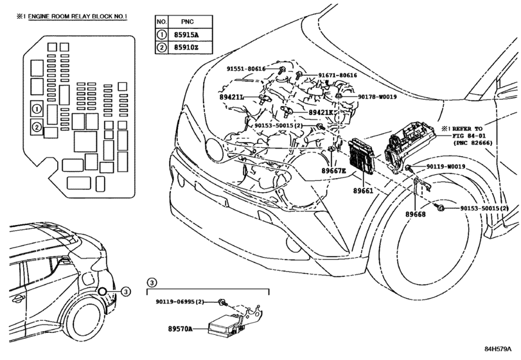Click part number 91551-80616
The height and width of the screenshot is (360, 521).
246,69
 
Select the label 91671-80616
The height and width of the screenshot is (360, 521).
337,75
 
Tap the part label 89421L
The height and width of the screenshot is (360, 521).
231,97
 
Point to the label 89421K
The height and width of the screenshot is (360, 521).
321,113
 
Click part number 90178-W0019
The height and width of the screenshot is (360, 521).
377,96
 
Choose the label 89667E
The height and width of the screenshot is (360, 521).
333,171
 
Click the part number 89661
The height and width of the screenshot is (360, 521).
363,191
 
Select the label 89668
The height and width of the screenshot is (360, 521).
416,215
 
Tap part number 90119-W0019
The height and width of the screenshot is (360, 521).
446,166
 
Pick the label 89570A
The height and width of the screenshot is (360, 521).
180,328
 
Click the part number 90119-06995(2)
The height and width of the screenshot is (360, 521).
180,302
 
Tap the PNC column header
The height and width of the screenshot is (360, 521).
188,22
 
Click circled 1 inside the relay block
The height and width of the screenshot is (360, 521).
37,109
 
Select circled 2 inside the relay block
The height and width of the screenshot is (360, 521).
37,127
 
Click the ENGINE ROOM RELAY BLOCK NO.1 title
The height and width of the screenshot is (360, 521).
78,16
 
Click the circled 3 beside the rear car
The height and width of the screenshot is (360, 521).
125,291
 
